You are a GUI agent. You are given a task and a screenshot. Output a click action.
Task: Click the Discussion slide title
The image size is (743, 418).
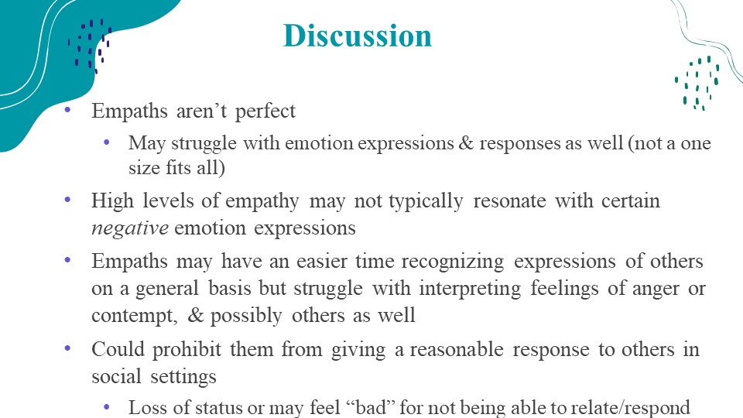[x=358, y=36]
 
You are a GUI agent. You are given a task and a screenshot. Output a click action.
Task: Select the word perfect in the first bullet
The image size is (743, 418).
[x=265, y=111]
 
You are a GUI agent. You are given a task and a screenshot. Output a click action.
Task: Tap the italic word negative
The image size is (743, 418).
[x=130, y=228]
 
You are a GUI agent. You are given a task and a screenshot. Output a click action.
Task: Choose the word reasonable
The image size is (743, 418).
[x=457, y=350]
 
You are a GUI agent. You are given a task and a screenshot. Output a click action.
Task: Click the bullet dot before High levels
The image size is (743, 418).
[x=67, y=200]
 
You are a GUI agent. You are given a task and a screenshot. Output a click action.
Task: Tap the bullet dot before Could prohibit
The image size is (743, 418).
[x=67, y=348]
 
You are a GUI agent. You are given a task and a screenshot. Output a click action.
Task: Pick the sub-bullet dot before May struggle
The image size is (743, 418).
[x=107, y=142]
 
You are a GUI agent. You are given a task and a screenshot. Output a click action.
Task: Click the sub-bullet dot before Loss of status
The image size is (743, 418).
[x=107, y=406]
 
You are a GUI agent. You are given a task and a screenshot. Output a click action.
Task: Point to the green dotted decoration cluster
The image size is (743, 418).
[x=697, y=84]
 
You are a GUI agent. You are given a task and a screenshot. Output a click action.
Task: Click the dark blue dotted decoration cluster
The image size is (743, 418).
[x=90, y=46]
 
